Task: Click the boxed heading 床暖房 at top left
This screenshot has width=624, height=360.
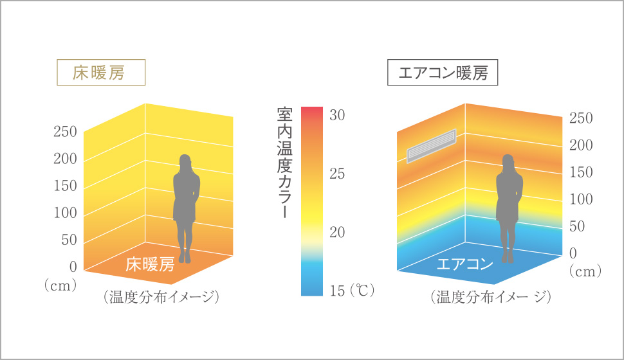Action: pos(101,72)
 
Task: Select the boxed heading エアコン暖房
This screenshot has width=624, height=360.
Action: pos(443,73)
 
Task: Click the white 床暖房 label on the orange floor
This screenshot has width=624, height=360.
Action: pos(149,264)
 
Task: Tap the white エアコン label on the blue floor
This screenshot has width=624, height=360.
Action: pos(464,264)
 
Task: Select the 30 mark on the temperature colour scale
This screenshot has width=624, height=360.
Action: pos(338,116)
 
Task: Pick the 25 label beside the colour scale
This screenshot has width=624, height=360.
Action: pos(338,174)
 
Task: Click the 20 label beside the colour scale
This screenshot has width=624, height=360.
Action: pos(338,233)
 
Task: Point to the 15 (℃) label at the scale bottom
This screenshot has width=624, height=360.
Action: pos(351,291)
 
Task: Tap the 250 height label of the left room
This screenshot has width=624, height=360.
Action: pos(64,132)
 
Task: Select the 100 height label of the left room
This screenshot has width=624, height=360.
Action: pos(64,213)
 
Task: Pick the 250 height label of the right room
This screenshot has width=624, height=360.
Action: pos(581,118)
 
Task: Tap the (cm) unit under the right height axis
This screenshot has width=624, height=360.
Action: pos(584,272)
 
